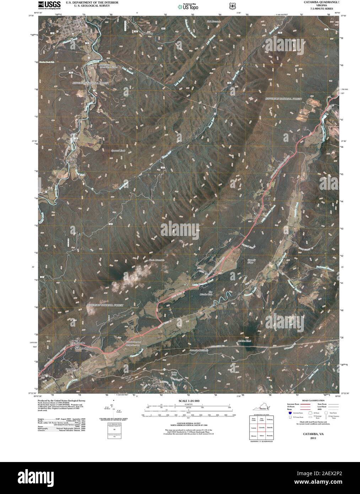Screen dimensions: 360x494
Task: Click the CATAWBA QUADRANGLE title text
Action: [x=320, y=2]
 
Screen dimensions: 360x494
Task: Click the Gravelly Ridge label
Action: [x=252, y=262]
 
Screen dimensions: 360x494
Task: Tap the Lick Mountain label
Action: [x=214, y=22]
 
